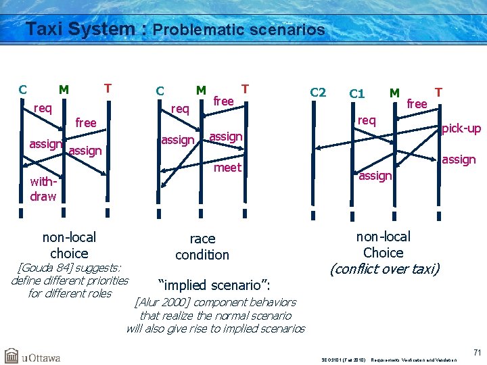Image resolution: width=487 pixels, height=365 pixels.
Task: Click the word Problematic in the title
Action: tap(198, 30)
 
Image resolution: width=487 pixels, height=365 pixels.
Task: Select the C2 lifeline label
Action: tap(317, 93)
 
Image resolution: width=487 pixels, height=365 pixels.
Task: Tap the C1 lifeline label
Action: tap(356, 93)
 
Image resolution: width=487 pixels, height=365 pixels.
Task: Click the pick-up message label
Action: tap(461, 128)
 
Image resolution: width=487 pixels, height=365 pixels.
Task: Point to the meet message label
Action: tap(227, 167)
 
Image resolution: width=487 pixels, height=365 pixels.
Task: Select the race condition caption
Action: tap(202, 247)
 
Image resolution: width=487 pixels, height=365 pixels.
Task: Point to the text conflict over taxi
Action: tap(384, 269)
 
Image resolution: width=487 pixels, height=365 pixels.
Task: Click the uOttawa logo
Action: tap(32, 355)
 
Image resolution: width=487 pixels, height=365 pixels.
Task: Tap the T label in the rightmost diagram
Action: tap(438, 91)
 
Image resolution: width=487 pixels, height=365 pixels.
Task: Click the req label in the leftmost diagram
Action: tap(43, 108)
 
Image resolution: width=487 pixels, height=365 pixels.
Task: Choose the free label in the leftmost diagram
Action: tap(86, 123)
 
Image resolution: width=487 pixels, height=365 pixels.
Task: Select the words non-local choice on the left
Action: tap(69, 245)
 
